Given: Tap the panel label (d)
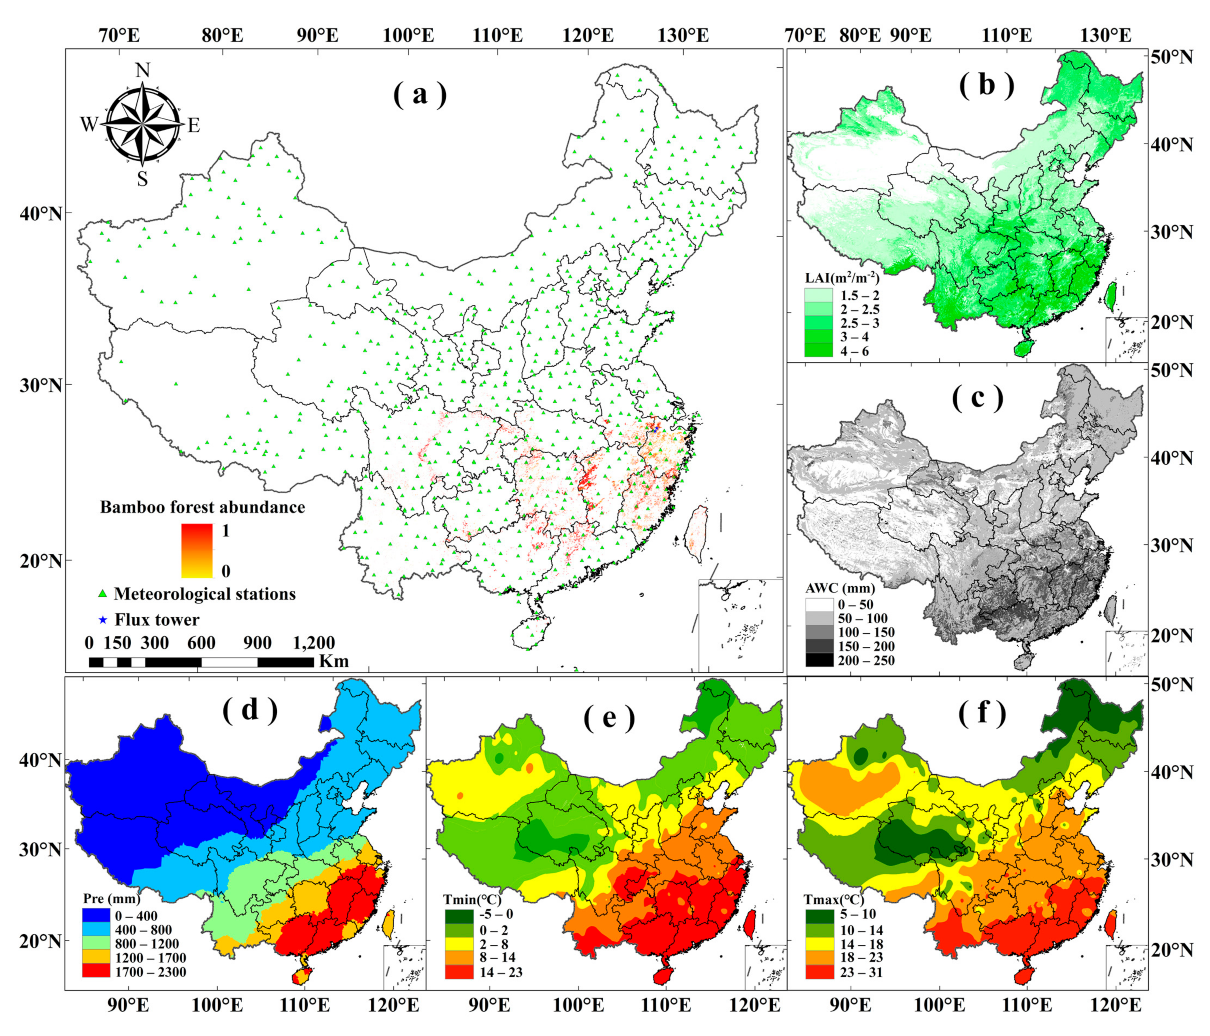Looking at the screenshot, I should point(250,709).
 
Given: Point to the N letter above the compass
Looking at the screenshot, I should point(143,70).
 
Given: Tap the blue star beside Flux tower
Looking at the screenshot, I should point(103,619).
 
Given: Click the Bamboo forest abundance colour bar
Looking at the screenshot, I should point(197,550).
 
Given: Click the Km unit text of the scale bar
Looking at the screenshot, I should point(334,661).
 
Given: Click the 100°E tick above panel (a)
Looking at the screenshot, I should point(408,35).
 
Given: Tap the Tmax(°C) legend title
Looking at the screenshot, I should point(835,899).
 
